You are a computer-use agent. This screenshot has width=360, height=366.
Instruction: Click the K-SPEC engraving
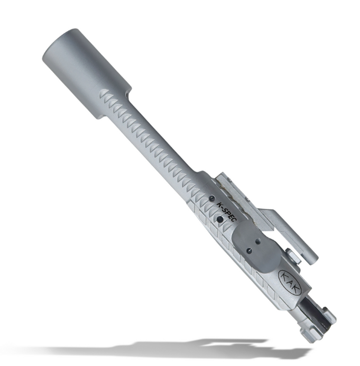point(227,212)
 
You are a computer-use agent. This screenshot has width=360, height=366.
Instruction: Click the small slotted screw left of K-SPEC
point(211,198)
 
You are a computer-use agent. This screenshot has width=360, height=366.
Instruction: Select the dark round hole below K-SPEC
point(220,219)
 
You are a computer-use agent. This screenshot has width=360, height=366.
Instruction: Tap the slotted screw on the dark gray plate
point(249,251)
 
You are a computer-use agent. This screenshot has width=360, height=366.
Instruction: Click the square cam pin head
point(293,257)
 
